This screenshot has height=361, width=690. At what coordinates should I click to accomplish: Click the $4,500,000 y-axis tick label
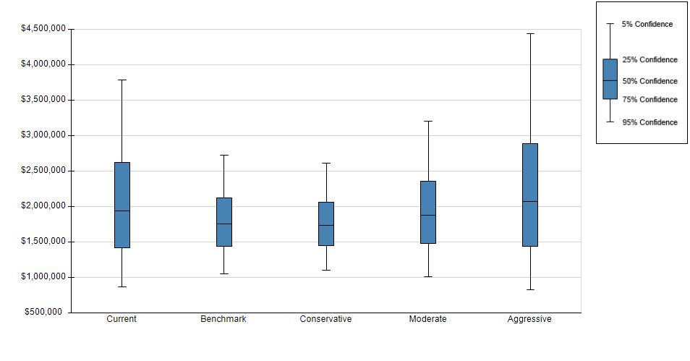click(x=43, y=29)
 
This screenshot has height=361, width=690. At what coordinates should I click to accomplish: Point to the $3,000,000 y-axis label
click(x=43, y=135)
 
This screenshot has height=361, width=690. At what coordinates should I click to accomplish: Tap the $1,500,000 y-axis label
click(x=43, y=241)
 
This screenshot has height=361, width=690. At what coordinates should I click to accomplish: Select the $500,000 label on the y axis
click(x=43, y=312)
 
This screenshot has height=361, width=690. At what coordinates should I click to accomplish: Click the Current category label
click(x=122, y=319)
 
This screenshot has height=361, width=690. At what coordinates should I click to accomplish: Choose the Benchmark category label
click(x=223, y=319)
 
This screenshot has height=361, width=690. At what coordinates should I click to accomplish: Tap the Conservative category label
click(x=325, y=319)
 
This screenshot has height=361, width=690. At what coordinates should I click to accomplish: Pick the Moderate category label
click(x=427, y=319)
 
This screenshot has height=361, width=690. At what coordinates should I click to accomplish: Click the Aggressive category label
click(x=529, y=320)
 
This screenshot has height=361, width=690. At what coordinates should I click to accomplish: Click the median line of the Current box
click(x=122, y=211)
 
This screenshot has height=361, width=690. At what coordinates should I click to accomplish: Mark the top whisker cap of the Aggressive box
click(x=530, y=33)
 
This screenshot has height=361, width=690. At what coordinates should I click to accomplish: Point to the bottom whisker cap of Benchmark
click(x=224, y=274)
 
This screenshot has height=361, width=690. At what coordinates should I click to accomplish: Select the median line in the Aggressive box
click(x=530, y=201)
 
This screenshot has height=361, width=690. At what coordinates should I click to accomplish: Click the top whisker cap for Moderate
click(x=428, y=121)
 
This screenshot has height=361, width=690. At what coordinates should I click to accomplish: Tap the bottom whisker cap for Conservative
click(x=326, y=270)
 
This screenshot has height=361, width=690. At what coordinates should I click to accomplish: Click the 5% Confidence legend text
click(x=647, y=24)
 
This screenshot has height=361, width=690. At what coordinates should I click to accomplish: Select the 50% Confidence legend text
click(x=650, y=81)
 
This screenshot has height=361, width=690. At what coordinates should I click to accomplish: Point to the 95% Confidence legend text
click(x=650, y=122)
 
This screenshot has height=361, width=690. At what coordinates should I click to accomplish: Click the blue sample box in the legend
click(x=610, y=80)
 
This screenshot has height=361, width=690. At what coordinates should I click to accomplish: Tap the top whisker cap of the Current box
click(x=122, y=80)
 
